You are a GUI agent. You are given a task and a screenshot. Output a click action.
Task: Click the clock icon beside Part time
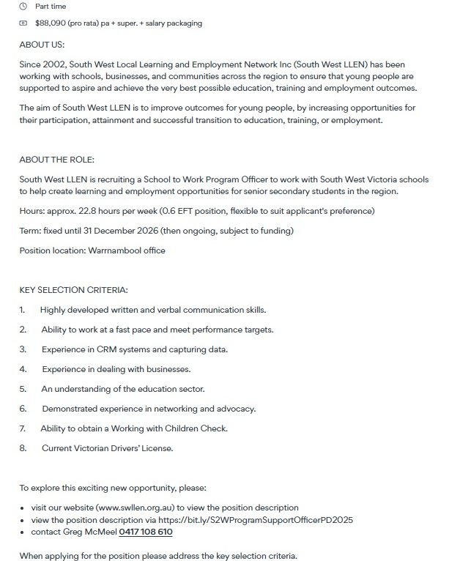pyautogui.click(x=23, y=7)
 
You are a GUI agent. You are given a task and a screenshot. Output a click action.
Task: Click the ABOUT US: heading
pyautogui.click(x=42, y=45)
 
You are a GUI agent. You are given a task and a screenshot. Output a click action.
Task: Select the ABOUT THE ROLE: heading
pyautogui.click(x=57, y=160)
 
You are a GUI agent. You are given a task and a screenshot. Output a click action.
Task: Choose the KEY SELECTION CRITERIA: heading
pyautogui.click(x=74, y=290)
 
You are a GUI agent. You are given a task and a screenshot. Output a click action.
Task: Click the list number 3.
pyautogui.click(x=23, y=349)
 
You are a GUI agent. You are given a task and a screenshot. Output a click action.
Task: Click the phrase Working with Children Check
pyautogui.click(x=168, y=428)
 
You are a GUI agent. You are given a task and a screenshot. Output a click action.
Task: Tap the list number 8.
pyautogui.click(x=23, y=448)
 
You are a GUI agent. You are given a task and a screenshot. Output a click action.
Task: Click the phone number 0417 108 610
pyautogui.click(x=146, y=532)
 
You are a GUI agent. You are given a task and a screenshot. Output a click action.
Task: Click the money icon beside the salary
pyautogui.click(x=23, y=23)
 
